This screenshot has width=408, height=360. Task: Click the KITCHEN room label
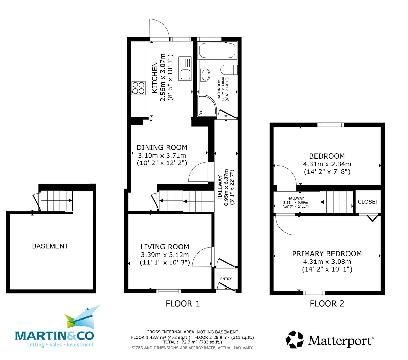click(155, 78)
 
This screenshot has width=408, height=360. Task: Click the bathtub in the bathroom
click(217, 51)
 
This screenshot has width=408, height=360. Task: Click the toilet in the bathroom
click(229, 70)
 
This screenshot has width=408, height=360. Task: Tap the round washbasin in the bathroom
click(205, 75)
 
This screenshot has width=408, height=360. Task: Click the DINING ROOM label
click(162, 147)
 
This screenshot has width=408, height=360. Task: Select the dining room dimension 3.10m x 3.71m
click(162, 155)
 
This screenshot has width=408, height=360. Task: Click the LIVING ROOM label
click(165, 247)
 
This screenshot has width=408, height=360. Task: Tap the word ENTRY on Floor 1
click(226, 279)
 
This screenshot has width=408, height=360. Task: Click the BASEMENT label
click(50, 246)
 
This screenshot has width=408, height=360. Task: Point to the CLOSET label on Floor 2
click(368, 202)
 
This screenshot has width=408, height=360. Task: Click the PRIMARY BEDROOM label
click(327, 253)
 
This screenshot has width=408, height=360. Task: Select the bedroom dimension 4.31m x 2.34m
click(327, 164)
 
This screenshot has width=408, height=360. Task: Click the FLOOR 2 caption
click(327, 304)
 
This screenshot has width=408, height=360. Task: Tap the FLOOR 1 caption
click(183, 304)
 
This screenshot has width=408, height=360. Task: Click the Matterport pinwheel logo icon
click(294, 340)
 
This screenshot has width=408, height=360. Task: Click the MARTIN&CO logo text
click(54, 336)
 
